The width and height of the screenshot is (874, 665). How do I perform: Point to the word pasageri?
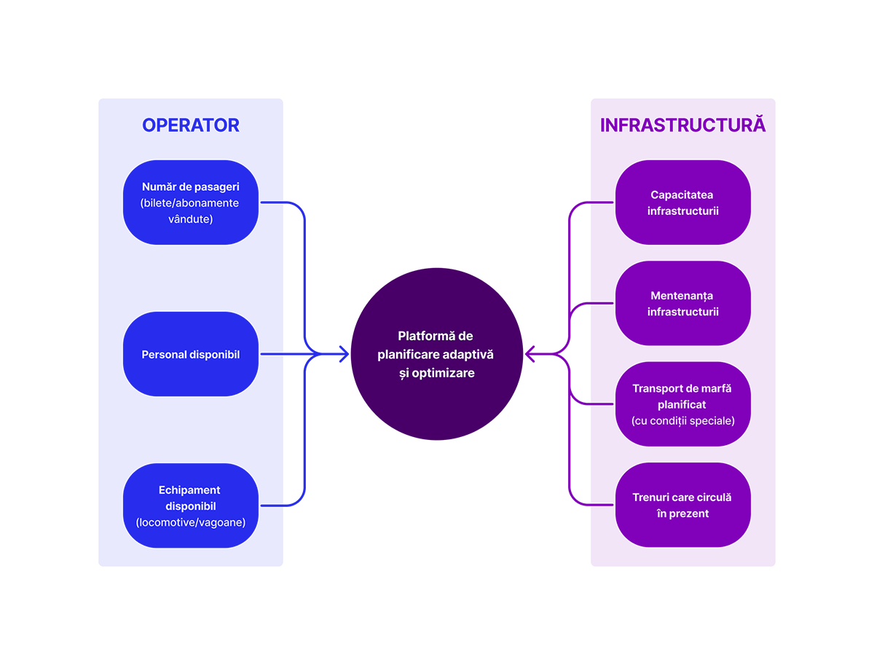pyautogui.click(x=215, y=186)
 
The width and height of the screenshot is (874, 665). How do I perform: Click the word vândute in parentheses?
pyautogui.click(x=190, y=219)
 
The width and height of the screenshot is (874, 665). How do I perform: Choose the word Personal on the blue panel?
pyautogui.click(x=164, y=355)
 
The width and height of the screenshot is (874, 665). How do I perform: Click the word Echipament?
pyautogui.click(x=189, y=490)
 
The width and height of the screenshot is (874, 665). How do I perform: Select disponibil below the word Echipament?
pyautogui.click(x=190, y=506)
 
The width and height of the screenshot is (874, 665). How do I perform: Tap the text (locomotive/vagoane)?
pyautogui.click(x=190, y=522)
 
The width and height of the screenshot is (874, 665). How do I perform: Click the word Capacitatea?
pyautogui.click(x=682, y=195)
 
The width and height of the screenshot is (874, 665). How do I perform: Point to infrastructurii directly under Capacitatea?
pyautogui.click(x=682, y=211)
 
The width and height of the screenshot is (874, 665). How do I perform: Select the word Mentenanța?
pyautogui.click(x=682, y=296)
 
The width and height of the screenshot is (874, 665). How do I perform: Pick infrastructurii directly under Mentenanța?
pyautogui.click(x=682, y=312)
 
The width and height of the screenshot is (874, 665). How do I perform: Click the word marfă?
pyautogui.click(x=716, y=388)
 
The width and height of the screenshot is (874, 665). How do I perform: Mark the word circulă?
pyautogui.click(x=715, y=497)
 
